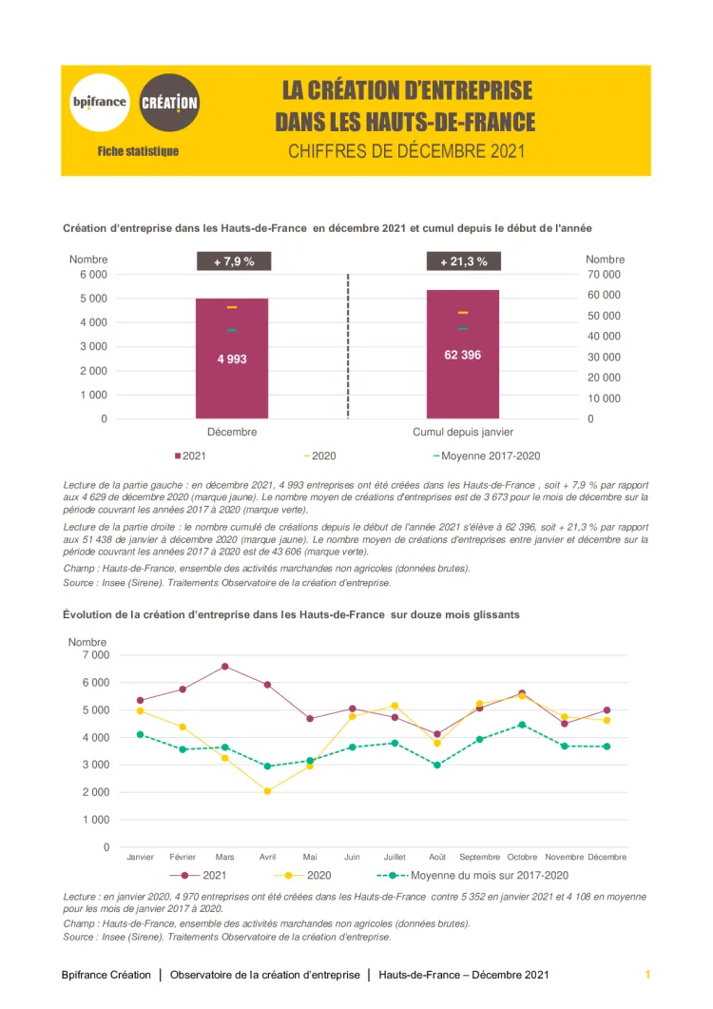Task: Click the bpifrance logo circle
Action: click(x=100, y=102)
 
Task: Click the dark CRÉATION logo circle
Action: click(x=169, y=102)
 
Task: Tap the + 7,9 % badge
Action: click(x=233, y=262)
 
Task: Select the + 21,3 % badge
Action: click(x=463, y=262)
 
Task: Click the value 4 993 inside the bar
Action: click(x=232, y=359)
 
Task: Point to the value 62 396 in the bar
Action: click(x=463, y=355)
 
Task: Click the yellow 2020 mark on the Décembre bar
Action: click(x=232, y=307)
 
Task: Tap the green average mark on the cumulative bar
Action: click(x=463, y=328)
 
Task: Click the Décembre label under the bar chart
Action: click(x=232, y=432)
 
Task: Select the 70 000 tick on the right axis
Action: click(x=604, y=274)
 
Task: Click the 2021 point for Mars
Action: click(x=224, y=666)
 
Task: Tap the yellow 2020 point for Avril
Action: click(x=267, y=791)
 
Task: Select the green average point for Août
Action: click(x=437, y=765)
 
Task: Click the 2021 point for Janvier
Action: click(x=140, y=700)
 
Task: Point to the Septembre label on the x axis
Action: click(x=480, y=857)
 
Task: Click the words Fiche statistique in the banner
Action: click(x=137, y=151)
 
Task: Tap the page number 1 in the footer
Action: click(x=647, y=975)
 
